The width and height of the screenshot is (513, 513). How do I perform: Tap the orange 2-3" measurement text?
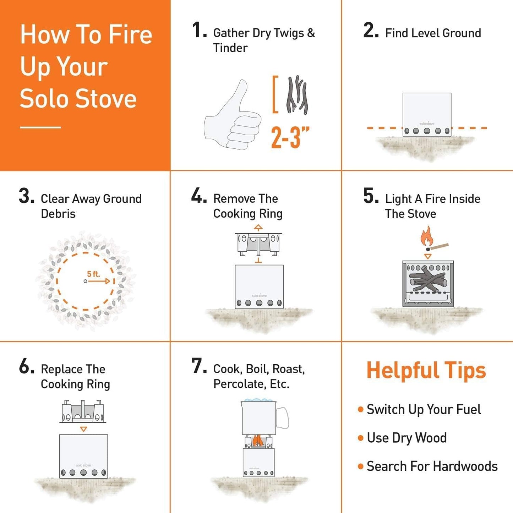pos(290,137)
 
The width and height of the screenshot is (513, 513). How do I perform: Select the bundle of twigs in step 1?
pos(297,95)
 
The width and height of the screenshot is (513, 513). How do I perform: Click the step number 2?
pos(371,31)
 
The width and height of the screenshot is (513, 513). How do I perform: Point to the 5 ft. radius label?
pos(94,274)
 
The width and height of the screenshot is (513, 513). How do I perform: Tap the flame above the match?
pos(426,235)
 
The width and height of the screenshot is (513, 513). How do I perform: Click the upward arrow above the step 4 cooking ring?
pos(258,228)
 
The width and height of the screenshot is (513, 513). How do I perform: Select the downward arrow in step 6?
pos(83,429)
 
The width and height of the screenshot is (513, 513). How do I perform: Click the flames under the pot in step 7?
pos(258,441)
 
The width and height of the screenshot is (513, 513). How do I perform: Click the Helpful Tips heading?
pos(426,370)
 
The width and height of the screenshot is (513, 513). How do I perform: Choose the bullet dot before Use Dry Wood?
pos(361,438)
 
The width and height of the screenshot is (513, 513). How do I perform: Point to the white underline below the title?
pos(40,127)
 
